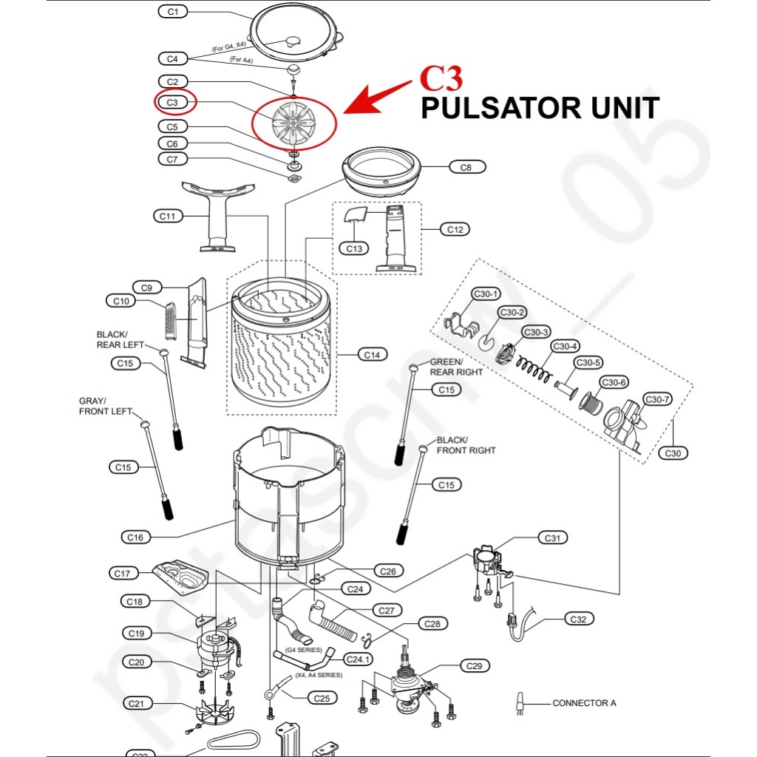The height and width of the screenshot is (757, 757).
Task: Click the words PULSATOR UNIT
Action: point(540,109)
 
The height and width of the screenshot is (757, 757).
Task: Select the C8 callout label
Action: point(466,168)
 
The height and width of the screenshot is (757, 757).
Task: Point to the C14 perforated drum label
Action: point(372,355)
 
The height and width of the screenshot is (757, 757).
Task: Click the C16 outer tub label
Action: point(135,537)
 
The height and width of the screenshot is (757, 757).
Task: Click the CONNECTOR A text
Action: point(584,703)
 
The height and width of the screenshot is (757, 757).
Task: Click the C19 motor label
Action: point(136,633)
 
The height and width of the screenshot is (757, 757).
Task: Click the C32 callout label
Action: point(579,619)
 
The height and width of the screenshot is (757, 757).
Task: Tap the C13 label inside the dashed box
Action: point(355,248)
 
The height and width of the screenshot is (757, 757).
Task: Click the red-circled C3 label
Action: point(172,102)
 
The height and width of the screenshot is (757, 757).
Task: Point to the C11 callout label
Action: point(168,216)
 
